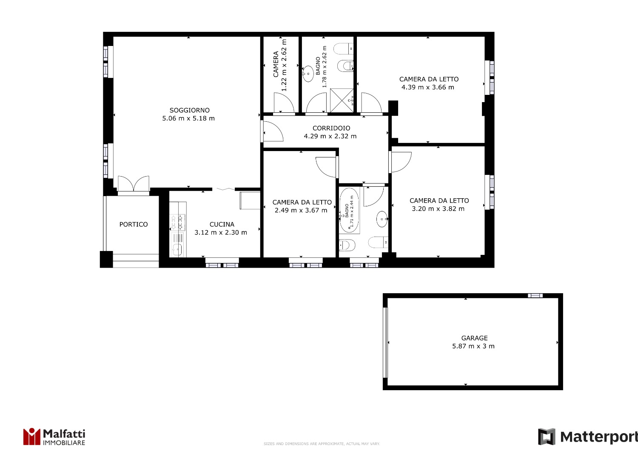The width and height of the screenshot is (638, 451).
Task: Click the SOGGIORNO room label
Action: pos(189,110)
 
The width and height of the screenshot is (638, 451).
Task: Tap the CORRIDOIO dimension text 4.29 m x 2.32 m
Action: pos(330,136)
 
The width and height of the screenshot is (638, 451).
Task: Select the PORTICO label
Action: pos(134,225)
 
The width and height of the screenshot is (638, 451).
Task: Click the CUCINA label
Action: pos(222,225)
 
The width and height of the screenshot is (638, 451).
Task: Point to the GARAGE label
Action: pos(475,338)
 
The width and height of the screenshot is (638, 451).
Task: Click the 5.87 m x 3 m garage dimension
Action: pos(473,346)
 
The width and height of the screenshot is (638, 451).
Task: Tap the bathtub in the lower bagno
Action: pos(349,210)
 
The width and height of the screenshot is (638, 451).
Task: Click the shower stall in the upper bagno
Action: pos(342,100)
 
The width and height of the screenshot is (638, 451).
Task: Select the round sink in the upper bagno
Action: pos(308,74)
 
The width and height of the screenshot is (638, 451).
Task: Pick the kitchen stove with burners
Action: pos(177,222)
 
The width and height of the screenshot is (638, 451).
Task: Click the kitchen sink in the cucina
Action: pos(177,250)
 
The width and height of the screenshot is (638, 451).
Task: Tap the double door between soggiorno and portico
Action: pos(134,183)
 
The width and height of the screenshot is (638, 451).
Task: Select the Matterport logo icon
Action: pos(546,437)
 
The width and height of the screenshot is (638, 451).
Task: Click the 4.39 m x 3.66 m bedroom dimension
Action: pos(427,87)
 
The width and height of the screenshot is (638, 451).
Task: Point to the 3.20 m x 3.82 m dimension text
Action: pos(438,209)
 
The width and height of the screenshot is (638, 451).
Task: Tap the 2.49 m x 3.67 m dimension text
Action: pos(301,211)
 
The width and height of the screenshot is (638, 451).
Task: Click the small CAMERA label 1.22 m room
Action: pos(276,64)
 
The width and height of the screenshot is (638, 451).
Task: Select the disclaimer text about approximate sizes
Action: pos(322,444)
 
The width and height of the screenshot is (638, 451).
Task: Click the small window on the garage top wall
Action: pos(535,295)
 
